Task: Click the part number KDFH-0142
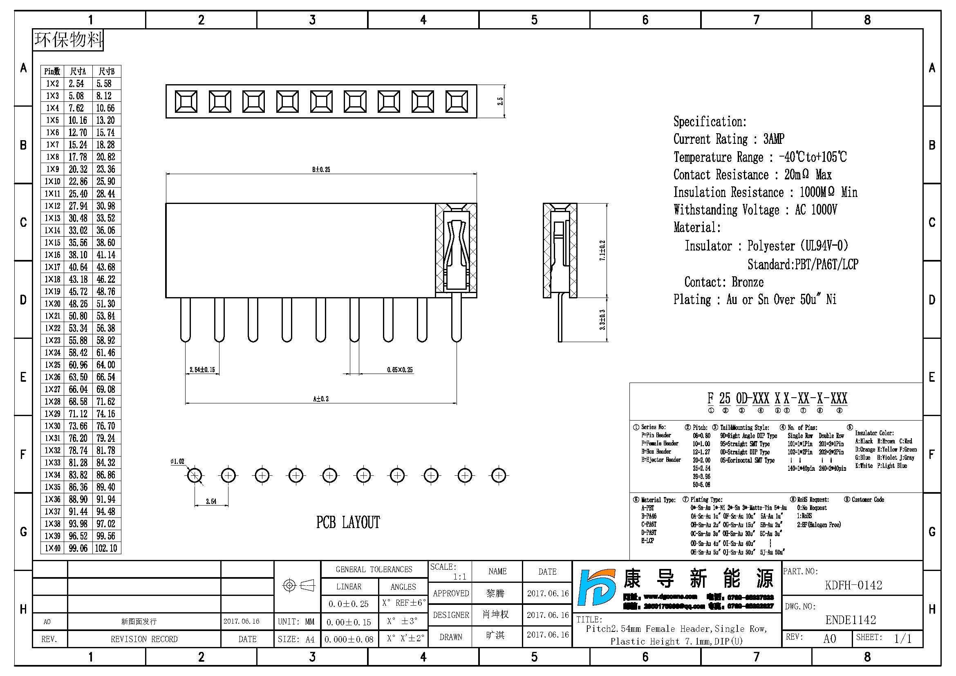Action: [x=853, y=585]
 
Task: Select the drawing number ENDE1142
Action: [x=851, y=620]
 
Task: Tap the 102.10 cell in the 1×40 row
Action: [x=106, y=548]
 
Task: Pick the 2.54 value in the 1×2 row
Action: [x=76, y=84]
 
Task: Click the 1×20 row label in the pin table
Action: [x=52, y=304]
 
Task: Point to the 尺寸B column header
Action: [x=106, y=72]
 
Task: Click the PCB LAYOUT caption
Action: [x=348, y=522]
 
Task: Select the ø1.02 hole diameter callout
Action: [x=177, y=461]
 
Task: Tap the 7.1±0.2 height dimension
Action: [x=602, y=251]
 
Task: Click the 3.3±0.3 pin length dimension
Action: [x=602, y=320]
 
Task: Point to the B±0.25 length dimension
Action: [x=321, y=170]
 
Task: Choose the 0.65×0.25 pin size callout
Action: [x=400, y=369]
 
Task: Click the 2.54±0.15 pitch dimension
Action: [x=202, y=369]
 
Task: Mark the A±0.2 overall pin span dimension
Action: [x=321, y=399]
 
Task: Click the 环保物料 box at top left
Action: [x=68, y=40]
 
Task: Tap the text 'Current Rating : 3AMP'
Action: [x=729, y=139]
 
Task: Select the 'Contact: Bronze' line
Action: [x=724, y=282]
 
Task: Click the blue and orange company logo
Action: [x=597, y=587]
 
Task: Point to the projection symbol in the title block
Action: [x=298, y=586]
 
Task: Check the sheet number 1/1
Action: [x=903, y=638]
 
